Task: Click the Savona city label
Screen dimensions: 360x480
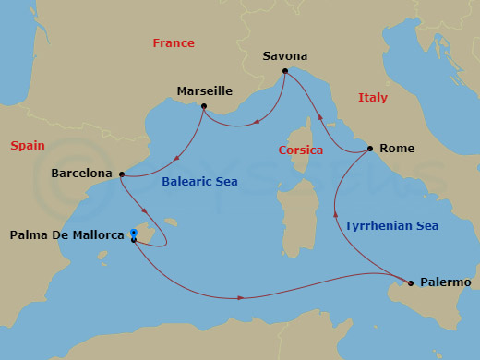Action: click(x=284, y=55)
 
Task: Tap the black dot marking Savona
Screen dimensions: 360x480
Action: click(x=284, y=71)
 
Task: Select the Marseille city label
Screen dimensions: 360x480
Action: click(x=204, y=91)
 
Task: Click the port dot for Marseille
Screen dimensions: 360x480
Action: click(x=203, y=106)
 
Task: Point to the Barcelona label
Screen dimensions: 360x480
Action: click(x=82, y=173)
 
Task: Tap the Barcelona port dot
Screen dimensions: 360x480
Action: click(x=121, y=174)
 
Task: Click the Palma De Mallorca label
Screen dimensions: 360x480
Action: click(x=66, y=235)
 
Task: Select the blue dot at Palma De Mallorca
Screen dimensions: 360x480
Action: click(x=134, y=232)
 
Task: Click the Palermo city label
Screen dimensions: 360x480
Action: click(x=446, y=282)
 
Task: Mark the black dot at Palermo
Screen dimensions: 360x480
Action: click(x=411, y=282)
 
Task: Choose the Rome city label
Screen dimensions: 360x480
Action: click(x=398, y=148)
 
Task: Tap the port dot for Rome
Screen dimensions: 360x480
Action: click(x=370, y=148)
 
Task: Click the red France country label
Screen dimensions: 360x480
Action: click(x=174, y=43)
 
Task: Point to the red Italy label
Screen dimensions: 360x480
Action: click(x=373, y=98)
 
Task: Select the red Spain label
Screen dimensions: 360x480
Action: click(x=28, y=145)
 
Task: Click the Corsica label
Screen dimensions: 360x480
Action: click(x=301, y=150)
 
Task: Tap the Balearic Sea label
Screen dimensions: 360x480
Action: click(x=199, y=183)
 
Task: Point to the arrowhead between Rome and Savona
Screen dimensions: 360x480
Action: click(x=320, y=117)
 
